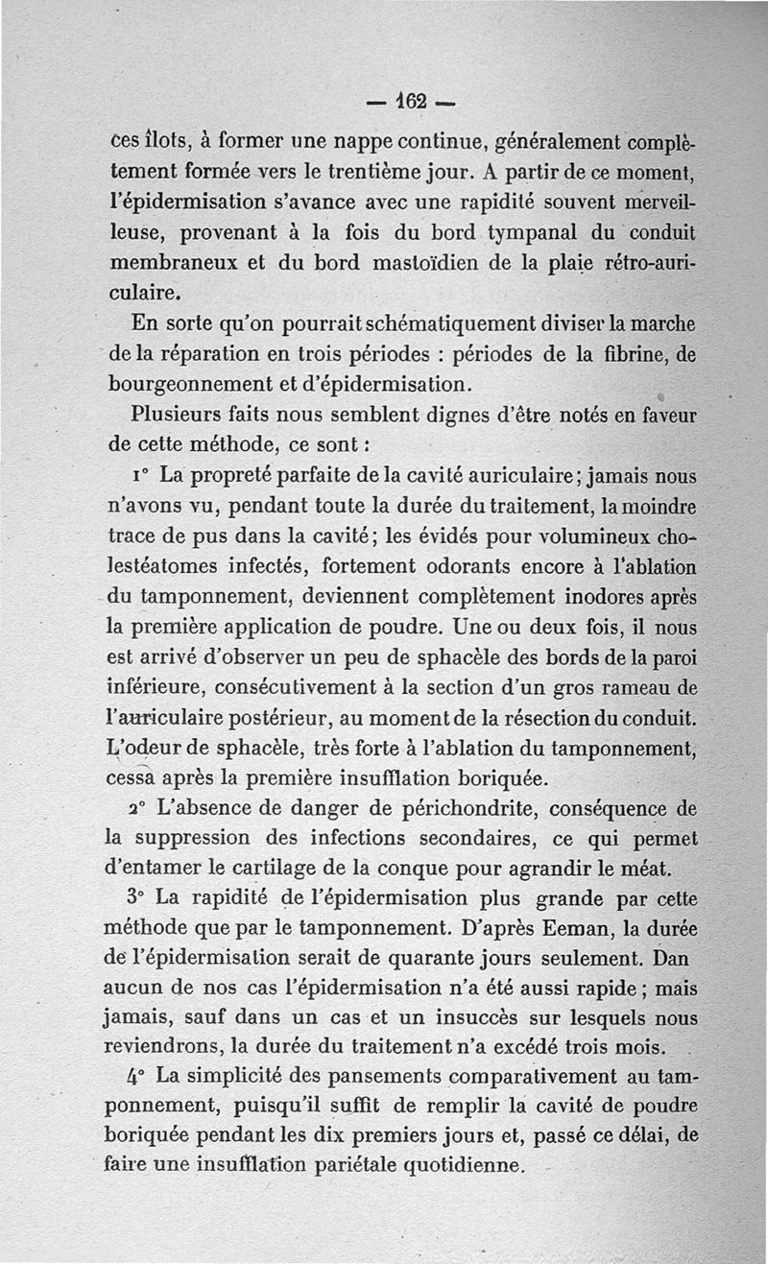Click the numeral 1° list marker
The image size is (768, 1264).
141,474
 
